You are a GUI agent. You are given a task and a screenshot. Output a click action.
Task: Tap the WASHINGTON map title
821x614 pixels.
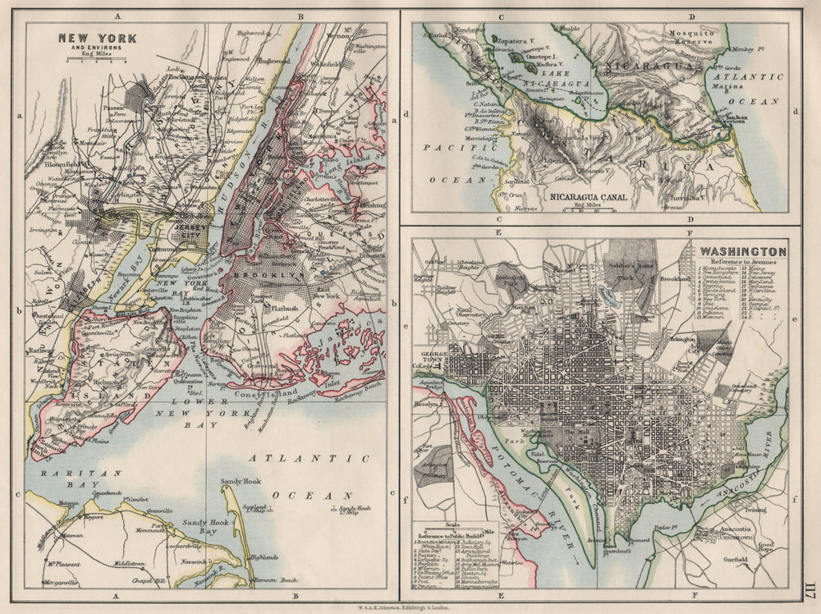742,251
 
